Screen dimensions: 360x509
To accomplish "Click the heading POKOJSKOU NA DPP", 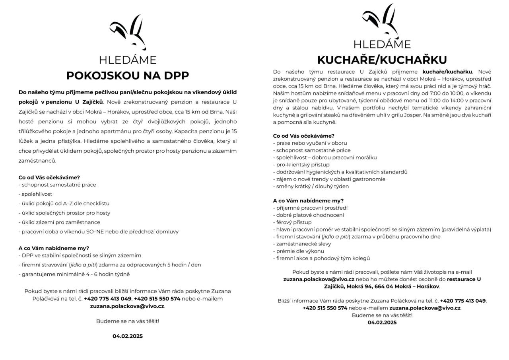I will (127, 76).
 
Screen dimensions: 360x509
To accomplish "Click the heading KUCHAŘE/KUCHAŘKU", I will (382, 60).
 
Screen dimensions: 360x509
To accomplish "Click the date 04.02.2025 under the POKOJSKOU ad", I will (127, 336).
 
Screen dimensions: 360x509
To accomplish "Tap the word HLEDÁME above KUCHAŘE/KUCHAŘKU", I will (382, 44).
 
